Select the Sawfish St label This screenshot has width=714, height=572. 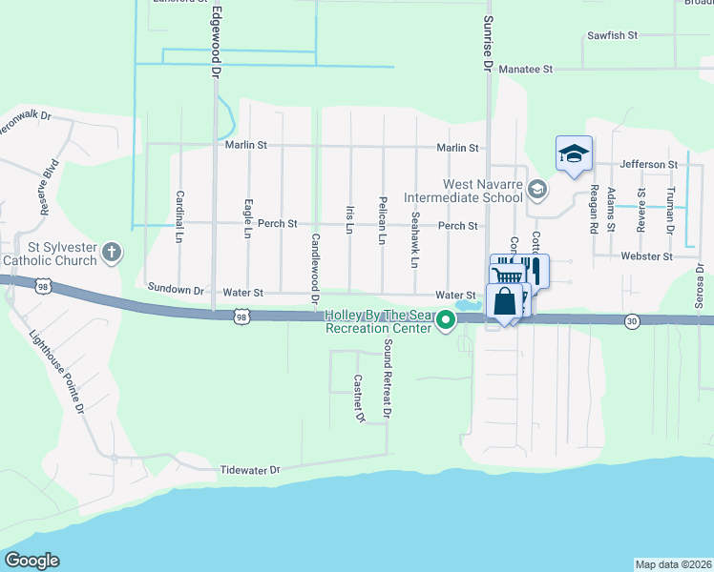612,36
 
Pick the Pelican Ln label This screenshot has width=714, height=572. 382,220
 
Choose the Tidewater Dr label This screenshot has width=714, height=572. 250,470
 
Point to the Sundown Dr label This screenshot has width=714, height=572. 177,288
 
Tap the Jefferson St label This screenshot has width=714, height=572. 648,165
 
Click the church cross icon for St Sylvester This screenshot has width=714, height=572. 112,253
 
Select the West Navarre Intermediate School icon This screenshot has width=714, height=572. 537,189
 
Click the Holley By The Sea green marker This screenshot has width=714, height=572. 445,325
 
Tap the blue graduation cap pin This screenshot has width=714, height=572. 574,153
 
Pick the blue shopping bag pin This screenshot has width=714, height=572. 503,302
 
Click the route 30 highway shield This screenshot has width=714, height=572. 631,321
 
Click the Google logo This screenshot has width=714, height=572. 31,562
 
